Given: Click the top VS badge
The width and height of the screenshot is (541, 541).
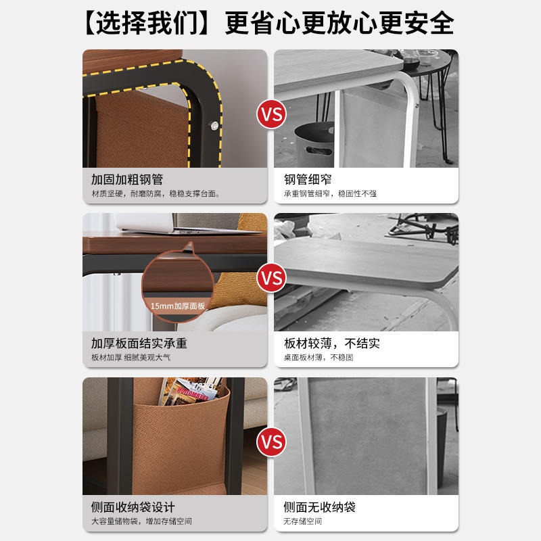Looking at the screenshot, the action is [x=271, y=114].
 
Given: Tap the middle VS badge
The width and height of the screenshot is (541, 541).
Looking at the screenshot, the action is [x=271, y=278].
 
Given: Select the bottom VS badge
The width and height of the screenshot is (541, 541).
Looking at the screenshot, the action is [x=271, y=442].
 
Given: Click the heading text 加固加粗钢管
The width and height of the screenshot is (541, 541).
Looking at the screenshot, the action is [x=127, y=179].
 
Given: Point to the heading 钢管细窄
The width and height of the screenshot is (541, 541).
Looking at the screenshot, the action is [x=308, y=179].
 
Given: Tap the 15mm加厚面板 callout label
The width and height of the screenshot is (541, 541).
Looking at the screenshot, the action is [x=178, y=306].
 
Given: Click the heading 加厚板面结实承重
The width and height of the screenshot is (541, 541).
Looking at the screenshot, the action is [x=139, y=344].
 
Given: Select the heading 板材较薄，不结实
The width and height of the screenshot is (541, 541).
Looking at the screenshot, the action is [x=332, y=344].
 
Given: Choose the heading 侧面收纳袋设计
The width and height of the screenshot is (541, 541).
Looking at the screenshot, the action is [x=133, y=507].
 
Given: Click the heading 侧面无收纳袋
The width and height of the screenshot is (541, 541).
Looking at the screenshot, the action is [x=319, y=507].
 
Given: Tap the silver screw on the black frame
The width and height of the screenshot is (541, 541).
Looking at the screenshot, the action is [x=214, y=126].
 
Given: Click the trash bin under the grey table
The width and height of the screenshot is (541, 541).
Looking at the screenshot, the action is [x=314, y=144].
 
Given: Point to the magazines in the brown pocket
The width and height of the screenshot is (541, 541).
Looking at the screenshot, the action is [x=191, y=392].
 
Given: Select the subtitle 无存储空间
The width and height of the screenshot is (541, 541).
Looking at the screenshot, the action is [x=302, y=521].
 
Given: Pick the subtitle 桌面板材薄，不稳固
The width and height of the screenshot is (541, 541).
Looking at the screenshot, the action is [x=319, y=358].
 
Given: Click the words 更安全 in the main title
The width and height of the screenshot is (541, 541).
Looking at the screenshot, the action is [x=416, y=23].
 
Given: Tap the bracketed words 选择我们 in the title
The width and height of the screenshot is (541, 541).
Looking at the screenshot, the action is [x=147, y=23].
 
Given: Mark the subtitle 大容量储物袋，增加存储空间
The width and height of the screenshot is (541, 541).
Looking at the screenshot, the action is [x=141, y=521].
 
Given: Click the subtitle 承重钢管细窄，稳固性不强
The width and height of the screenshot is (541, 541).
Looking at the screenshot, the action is [x=330, y=193].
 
